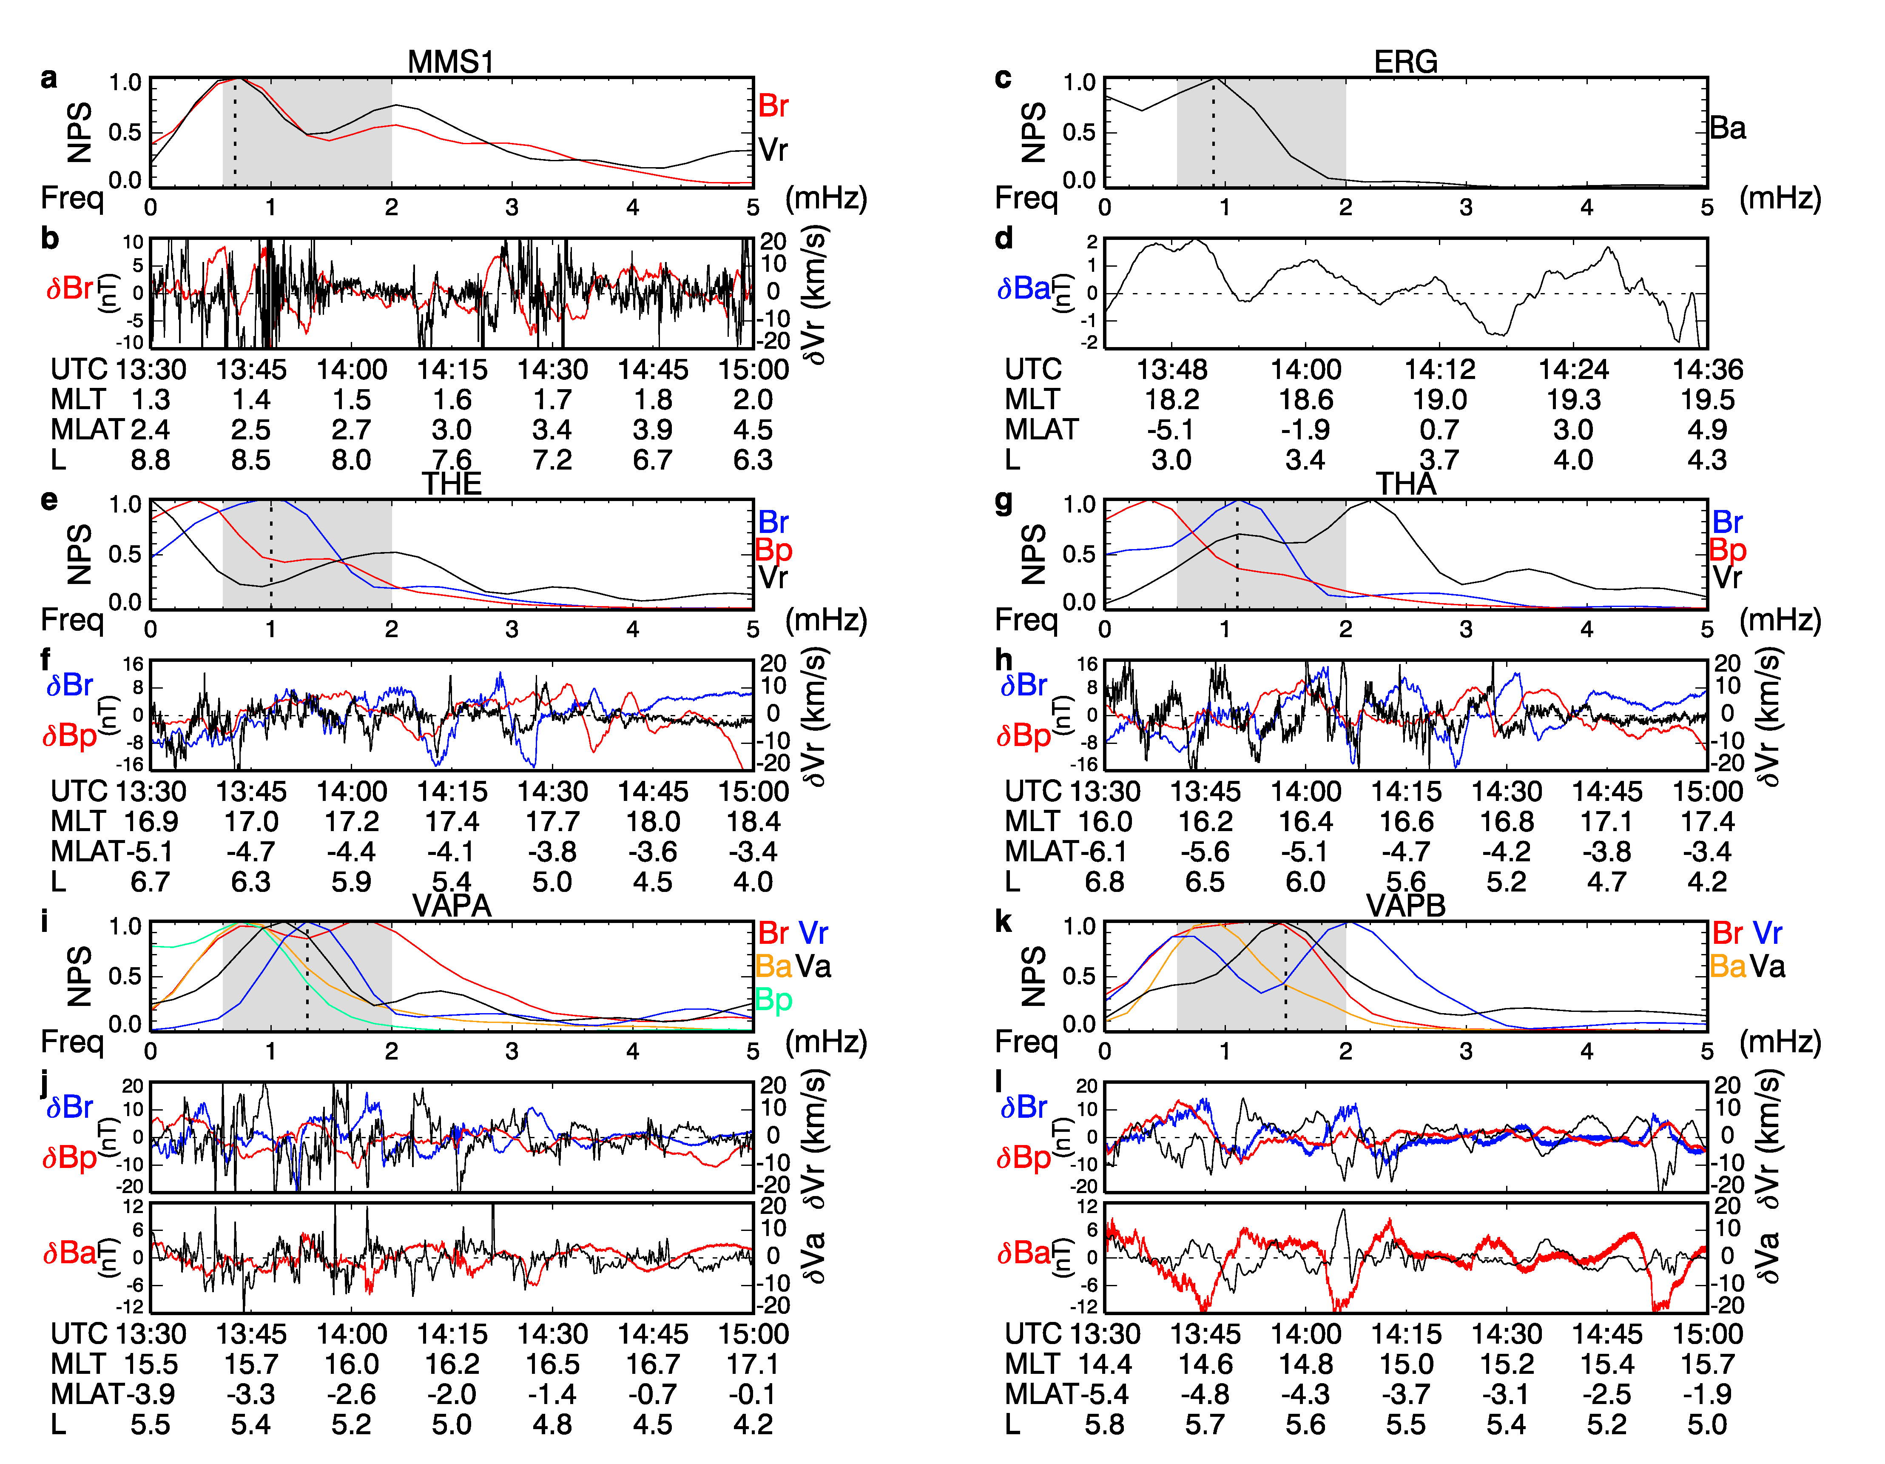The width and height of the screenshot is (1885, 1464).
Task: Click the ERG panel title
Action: [x=1405, y=62]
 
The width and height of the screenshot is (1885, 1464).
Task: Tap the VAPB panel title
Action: [x=1405, y=906]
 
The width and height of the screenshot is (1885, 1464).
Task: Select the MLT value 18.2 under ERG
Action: [x=1171, y=400]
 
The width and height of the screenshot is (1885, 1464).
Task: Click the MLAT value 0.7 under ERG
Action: [x=1439, y=430]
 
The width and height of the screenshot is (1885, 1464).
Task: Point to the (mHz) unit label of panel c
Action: [x=1780, y=199]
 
